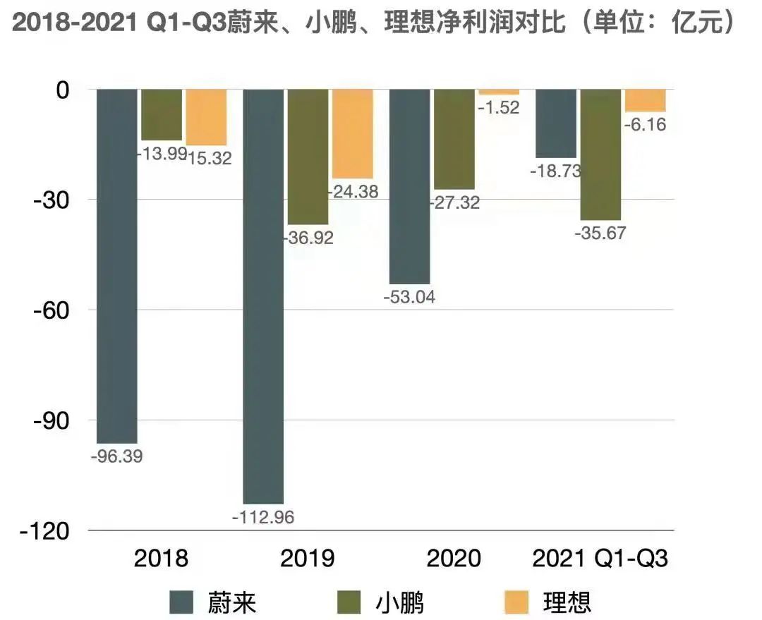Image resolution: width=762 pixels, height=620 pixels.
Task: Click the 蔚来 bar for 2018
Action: point(116,266)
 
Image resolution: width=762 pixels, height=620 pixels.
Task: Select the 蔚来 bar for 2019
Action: point(263,296)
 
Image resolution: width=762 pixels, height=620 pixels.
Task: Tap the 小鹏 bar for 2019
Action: point(308,157)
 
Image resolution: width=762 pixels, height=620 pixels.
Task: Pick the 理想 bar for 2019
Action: point(353,134)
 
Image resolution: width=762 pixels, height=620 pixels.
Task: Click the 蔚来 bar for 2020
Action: point(410,187)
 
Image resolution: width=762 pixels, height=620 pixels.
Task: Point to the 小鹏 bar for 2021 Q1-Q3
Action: point(600,154)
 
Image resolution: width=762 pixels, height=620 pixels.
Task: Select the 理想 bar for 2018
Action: point(206,117)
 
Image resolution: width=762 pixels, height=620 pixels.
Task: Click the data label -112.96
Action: point(263,517)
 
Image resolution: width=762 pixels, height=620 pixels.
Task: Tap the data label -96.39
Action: point(116,456)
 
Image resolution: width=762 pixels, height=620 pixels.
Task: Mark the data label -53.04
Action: point(409,297)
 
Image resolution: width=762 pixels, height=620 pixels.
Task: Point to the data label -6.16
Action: point(646,125)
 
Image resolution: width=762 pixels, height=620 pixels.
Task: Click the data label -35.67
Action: point(600,233)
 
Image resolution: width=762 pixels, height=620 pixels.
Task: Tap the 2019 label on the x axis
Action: point(308,559)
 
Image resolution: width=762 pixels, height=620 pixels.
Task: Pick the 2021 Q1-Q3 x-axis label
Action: point(600,559)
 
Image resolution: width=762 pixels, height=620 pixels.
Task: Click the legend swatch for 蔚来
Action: point(181,602)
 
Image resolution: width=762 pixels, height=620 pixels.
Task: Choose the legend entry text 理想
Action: point(567,602)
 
